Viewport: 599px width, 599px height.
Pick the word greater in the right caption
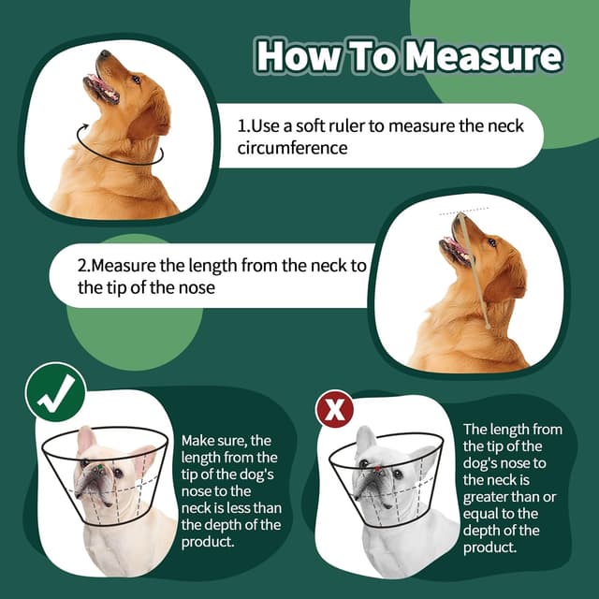(489, 496)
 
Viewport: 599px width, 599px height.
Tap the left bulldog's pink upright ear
(86, 438)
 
